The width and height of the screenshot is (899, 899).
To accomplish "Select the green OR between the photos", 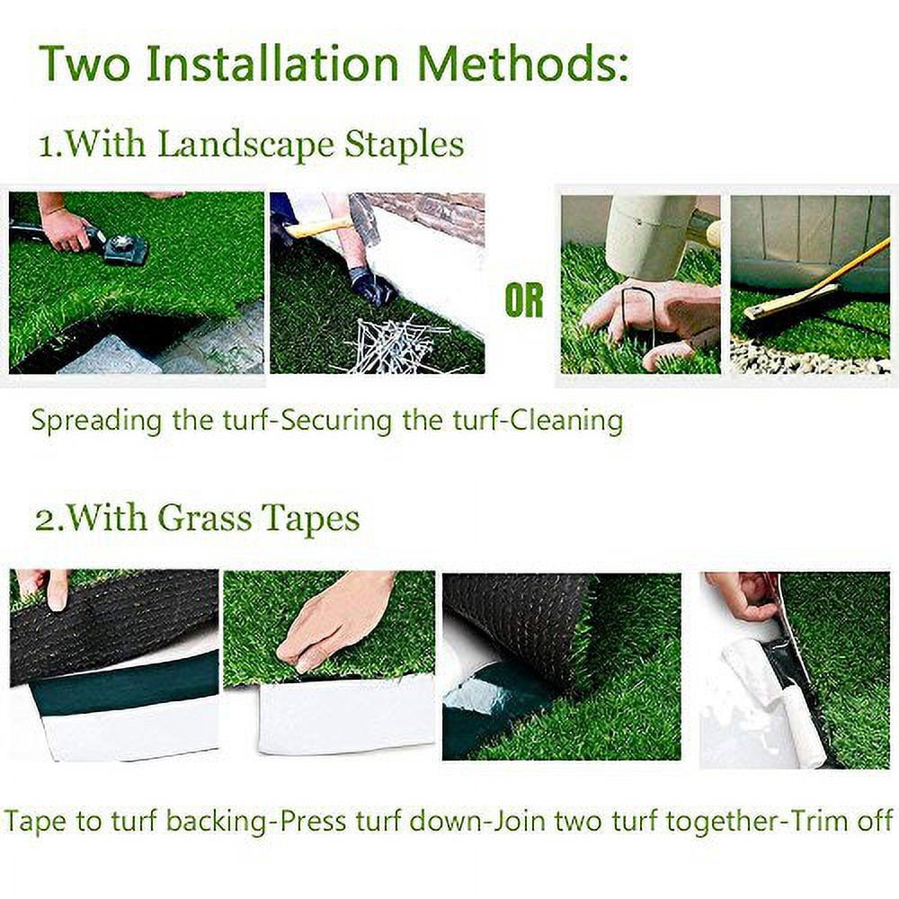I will (x=524, y=302).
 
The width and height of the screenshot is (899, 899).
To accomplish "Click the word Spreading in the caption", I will (x=98, y=421).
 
